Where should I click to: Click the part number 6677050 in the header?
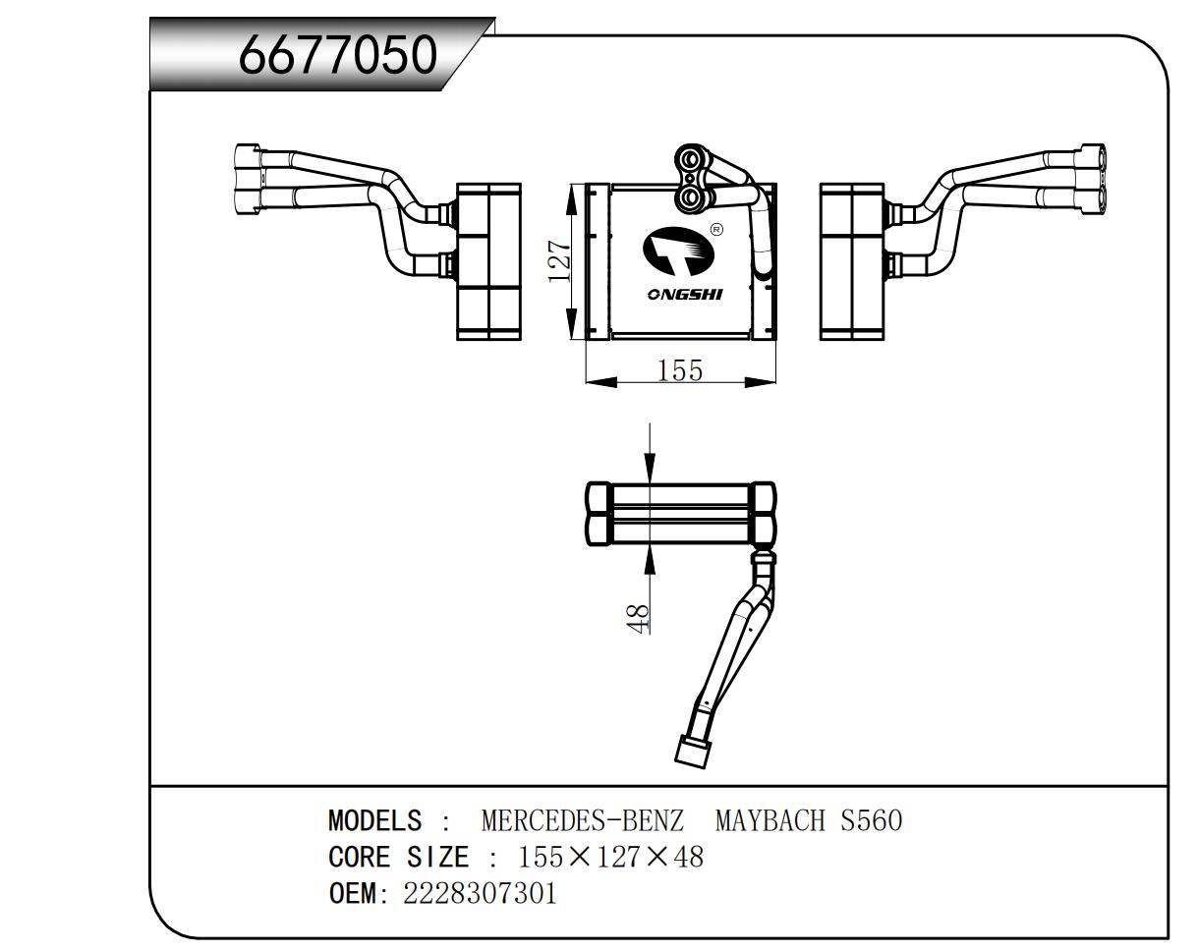(337, 55)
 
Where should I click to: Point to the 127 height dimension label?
(559, 261)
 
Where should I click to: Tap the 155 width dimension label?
(680, 370)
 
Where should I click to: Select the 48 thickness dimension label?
(638, 618)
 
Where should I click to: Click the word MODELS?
(374, 820)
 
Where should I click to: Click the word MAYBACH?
(770, 820)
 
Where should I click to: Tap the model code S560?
(871, 820)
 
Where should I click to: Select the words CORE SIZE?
(398, 857)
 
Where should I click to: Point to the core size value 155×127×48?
(611, 857)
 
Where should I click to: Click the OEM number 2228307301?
(480, 893)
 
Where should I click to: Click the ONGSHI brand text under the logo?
(684, 295)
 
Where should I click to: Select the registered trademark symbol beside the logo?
(715, 230)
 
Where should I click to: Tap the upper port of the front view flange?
(694, 159)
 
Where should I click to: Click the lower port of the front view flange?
(694, 197)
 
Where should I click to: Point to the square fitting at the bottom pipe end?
(694, 752)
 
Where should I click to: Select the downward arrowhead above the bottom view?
(650, 472)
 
